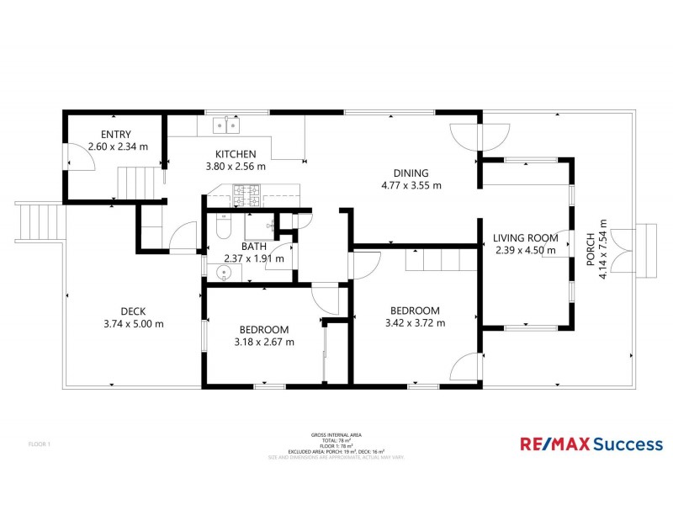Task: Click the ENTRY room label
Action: point(116,135)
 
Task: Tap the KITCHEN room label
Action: point(235,154)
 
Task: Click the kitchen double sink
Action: point(225,125)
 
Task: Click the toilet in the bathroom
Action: point(221,226)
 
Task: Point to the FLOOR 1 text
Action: point(40,444)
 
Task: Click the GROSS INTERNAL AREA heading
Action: point(330,435)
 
